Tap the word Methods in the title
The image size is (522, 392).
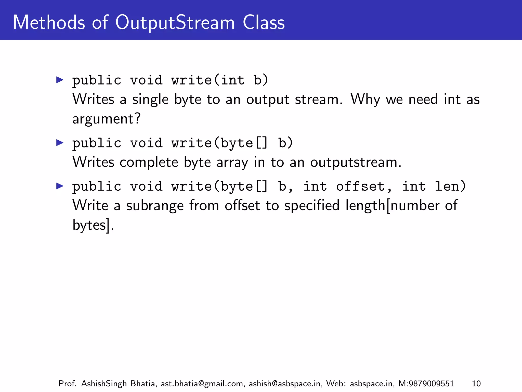49,22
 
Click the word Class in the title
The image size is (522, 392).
264,22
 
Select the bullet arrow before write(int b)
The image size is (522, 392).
60,80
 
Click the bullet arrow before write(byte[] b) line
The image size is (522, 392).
60,143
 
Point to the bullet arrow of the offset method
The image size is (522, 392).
60,186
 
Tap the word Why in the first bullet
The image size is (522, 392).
365,100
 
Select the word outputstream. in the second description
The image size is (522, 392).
356,163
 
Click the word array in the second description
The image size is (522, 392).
232,163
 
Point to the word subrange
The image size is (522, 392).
155,206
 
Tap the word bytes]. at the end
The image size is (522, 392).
93,225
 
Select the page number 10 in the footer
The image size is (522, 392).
476,384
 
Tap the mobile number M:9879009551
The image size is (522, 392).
426,384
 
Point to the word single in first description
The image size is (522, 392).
150,100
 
